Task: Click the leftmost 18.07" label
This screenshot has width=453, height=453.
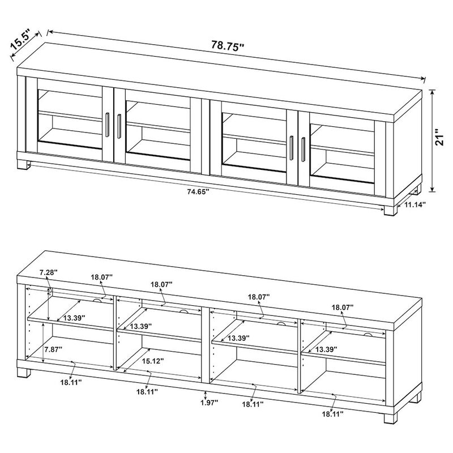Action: (102, 277)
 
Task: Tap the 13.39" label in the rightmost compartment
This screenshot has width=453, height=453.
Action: (327, 349)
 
